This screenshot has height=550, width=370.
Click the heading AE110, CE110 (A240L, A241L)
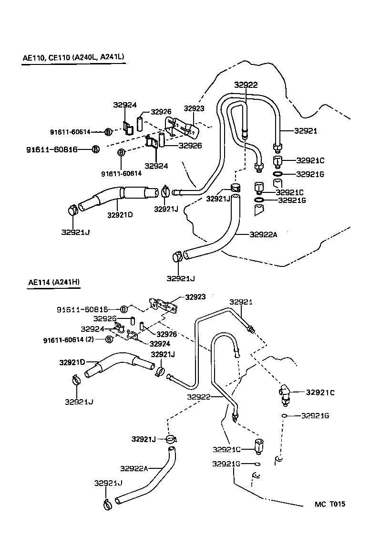point(73,57)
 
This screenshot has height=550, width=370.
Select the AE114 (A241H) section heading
point(54,282)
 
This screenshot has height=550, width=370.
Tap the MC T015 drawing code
point(329,504)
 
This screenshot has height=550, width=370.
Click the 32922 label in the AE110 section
point(246,85)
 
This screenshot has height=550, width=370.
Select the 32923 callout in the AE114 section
point(195,296)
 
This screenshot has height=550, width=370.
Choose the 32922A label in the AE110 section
point(263,234)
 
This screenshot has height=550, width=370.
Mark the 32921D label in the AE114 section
point(72,362)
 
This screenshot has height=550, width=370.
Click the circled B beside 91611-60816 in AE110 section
point(95,149)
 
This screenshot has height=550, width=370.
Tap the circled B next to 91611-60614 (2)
point(109,340)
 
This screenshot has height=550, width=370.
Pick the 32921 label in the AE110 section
point(306,131)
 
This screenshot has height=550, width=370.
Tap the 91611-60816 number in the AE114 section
point(82,309)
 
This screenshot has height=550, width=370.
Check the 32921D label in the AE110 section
point(120,214)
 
